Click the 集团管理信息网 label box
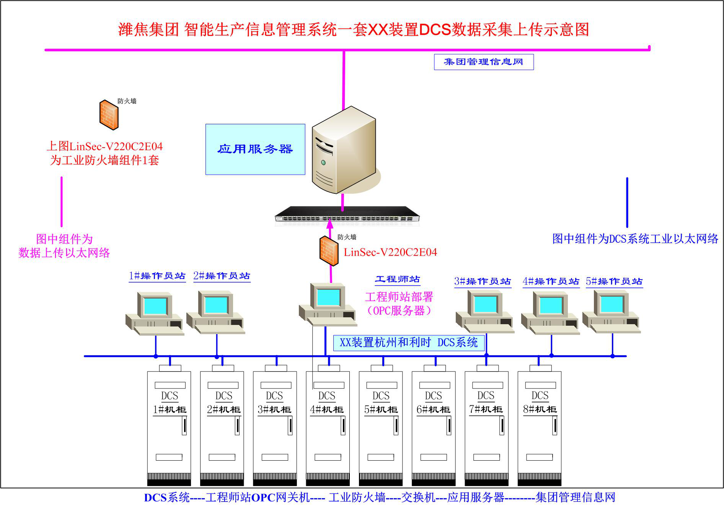click(x=483, y=62)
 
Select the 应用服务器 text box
click(x=255, y=149)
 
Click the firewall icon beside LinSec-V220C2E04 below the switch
click(x=329, y=251)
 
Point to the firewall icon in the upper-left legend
click(x=109, y=115)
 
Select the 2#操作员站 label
click(x=222, y=276)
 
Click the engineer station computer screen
click(x=328, y=297)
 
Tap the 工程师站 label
click(x=397, y=279)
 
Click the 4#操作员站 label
click(x=551, y=282)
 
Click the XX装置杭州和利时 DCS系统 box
click(x=409, y=343)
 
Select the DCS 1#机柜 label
click(x=170, y=409)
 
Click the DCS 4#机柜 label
click(x=327, y=409)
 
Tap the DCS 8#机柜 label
click(x=540, y=409)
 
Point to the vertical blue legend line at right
click(x=627, y=203)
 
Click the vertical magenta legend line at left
click(x=62, y=201)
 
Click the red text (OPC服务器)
click(x=399, y=310)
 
